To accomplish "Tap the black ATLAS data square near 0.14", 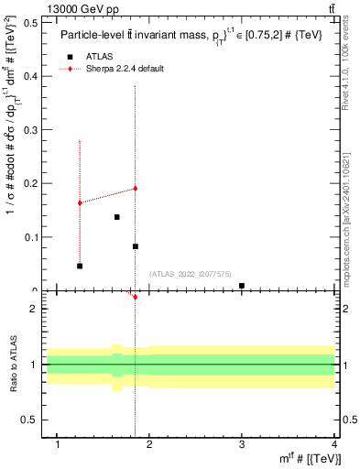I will coord(117,217).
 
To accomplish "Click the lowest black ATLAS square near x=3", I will coord(242,286).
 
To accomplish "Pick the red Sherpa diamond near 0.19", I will coord(135,189).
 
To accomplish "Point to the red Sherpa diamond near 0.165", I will coord(80,202).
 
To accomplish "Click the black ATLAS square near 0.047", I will coord(80,266).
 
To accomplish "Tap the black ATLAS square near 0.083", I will coord(136,246).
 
